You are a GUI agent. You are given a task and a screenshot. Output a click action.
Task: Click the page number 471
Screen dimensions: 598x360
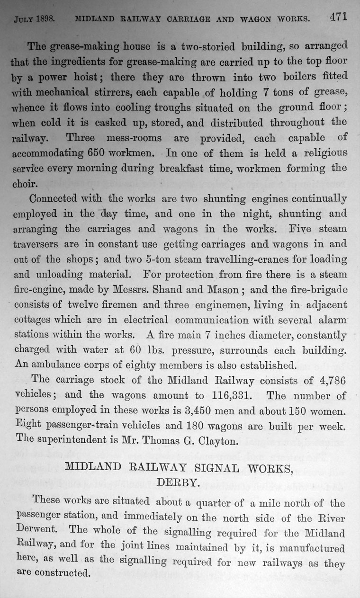coord(337,18)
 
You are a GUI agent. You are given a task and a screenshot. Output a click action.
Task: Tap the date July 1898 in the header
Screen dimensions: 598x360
coord(35,20)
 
